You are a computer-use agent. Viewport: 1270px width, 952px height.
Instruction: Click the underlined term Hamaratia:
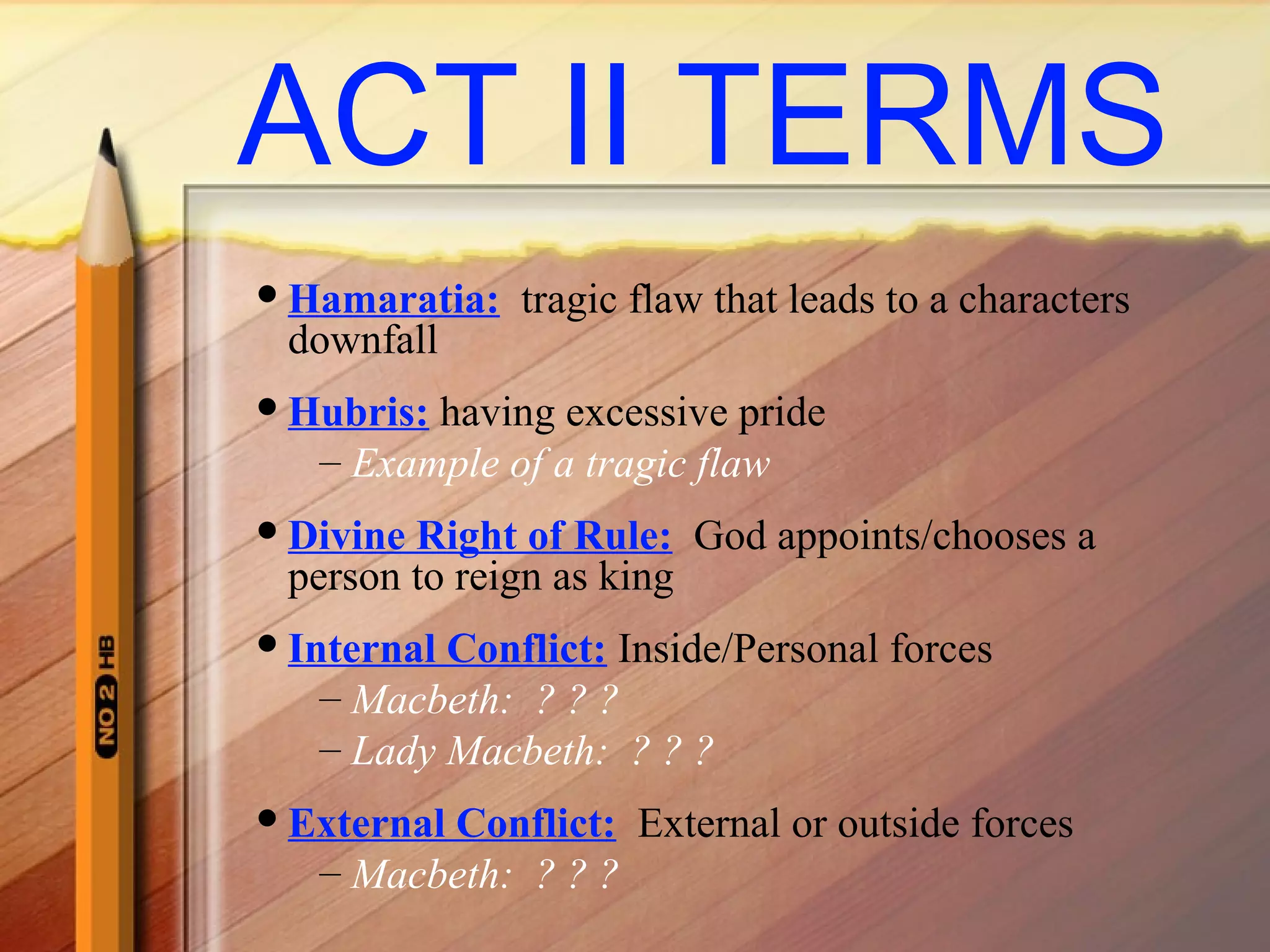[394, 300]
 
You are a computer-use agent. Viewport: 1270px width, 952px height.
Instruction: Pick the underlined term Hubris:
[358, 413]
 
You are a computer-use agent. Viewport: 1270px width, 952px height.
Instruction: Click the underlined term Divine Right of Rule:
[479, 535]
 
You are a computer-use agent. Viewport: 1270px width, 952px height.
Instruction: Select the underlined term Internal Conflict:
[447, 649]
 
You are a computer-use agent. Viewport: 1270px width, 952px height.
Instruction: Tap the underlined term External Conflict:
[451, 824]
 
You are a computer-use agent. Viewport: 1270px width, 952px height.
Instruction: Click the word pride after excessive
[781, 413]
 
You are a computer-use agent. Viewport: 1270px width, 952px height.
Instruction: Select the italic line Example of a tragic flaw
[560, 464]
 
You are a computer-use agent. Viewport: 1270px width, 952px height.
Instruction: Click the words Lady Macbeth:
[478, 751]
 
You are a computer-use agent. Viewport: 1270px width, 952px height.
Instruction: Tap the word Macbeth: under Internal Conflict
[432, 700]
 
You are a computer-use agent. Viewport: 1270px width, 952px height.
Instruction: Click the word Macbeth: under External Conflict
[432, 875]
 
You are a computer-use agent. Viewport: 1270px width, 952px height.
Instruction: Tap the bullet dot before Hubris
[267, 407]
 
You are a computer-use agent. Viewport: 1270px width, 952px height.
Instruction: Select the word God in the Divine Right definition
[730, 535]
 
